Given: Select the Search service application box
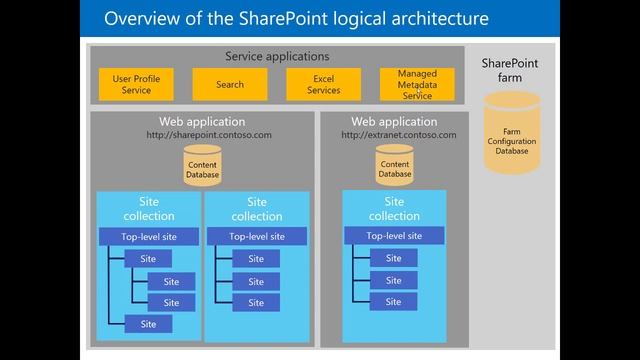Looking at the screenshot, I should (229, 84).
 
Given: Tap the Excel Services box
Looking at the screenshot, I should (324, 84).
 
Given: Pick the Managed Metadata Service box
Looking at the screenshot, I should (416, 84).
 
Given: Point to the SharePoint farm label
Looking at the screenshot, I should (512, 71).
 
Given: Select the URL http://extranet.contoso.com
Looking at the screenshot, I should (398, 134).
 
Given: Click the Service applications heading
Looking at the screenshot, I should (277, 56).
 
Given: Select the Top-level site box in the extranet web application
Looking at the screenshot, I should (394, 236).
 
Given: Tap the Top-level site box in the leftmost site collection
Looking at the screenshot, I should (148, 237).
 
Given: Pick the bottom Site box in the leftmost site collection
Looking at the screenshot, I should (148, 324).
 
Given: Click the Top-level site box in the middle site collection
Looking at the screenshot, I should (256, 237).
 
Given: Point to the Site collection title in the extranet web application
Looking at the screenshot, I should (394, 208).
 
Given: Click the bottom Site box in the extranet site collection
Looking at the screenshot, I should (394, 301).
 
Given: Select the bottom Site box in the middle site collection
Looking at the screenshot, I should (256, 302).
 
